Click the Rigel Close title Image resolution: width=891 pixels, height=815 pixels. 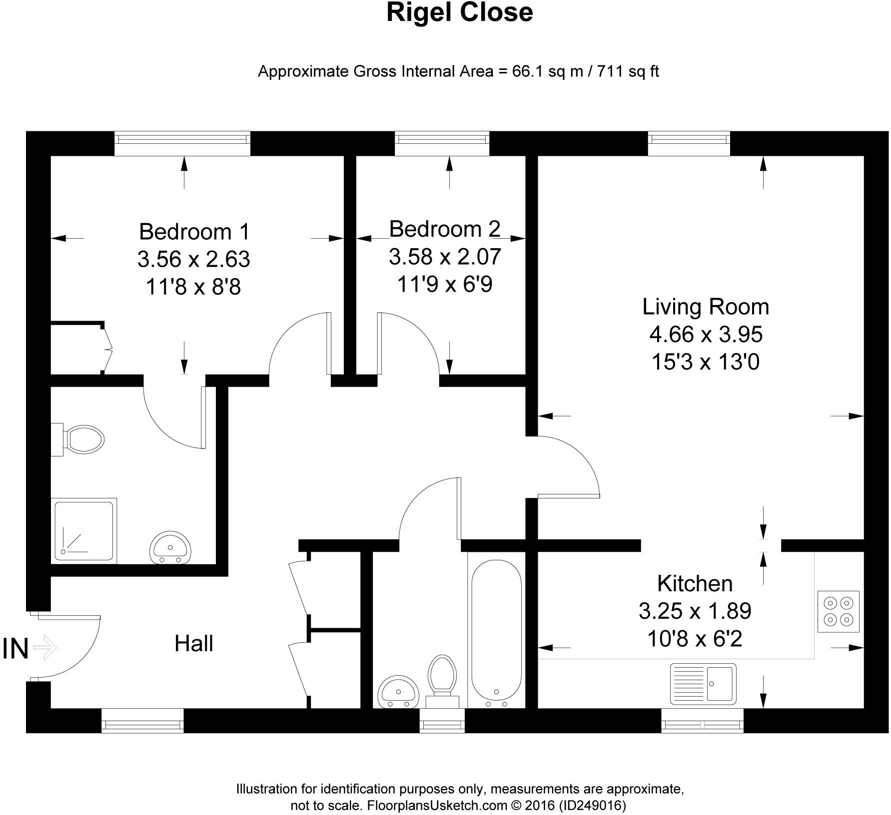pyautogui.click(x=460, y=13)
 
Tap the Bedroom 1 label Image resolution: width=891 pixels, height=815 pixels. pyautogui.click(x=194, y=232)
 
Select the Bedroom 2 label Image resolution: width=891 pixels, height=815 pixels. pyautogui.click(x=445, y=229)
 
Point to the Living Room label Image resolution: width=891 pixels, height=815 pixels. pyautogui.click(x=706, y=307)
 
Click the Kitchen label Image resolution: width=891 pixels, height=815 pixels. pyautogui.click(x=695, y=583)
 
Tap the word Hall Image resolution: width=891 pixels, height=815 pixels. pyautogui.click(x=194, y=644)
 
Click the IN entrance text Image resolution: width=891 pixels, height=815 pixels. pyautogui.click(x=15, y=649)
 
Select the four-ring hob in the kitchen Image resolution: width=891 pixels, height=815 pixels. pyautogui.click(x=838, y=612)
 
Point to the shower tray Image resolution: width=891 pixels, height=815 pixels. pyautogui.click(x=83, y=530)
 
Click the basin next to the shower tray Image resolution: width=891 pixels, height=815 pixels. pyautogui.click(x=170, y=547)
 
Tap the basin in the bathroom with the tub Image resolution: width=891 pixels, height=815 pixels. pyautogui.click(x=398, y=692)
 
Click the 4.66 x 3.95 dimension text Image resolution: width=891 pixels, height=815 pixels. pyautogui.click(x=706, y=334)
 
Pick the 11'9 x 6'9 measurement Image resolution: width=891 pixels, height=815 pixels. pyautogui.click(x=445, y=285)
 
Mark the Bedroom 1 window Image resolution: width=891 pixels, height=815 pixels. pyautogui.click(x=182, y=143)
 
